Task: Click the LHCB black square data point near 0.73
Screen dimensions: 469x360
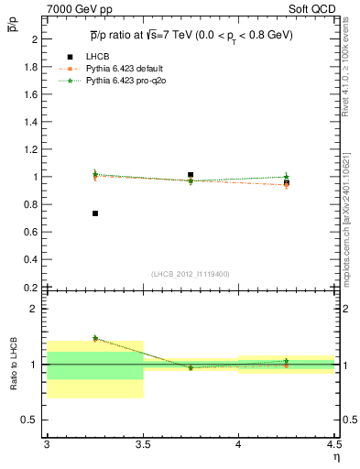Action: coord(95,213)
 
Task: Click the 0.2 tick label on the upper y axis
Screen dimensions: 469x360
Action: coord(31,287)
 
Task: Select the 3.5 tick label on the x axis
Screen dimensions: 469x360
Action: coord(142,444)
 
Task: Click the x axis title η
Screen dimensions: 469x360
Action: coord(336,455)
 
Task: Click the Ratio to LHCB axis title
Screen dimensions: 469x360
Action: coord(14,365)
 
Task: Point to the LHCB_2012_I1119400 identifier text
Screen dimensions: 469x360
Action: coord(191,274)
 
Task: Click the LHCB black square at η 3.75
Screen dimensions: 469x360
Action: coord(191,174)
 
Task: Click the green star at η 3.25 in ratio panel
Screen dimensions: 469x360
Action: coord(95,338)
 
